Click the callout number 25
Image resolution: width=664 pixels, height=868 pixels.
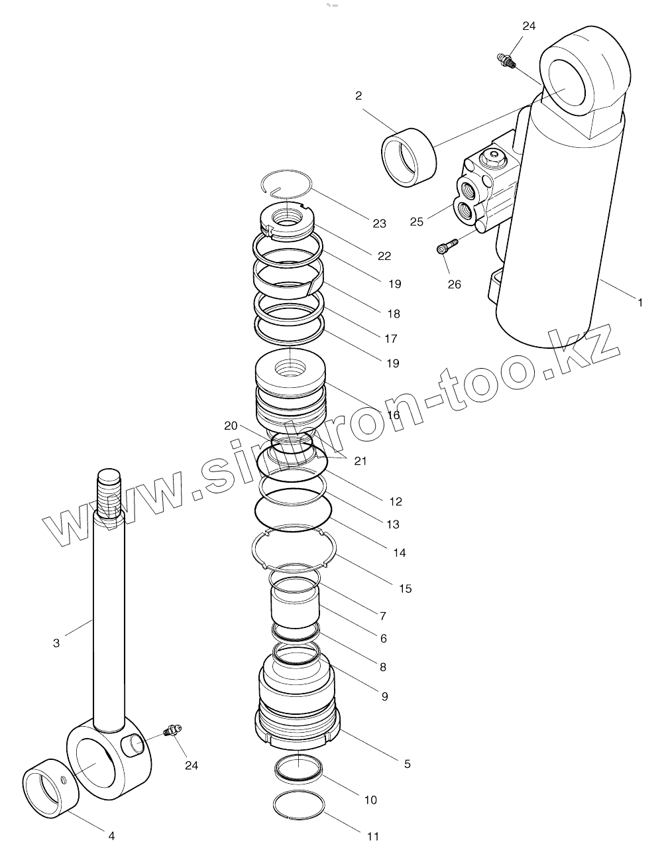coord(416,221)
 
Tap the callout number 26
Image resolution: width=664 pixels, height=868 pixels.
coord(454,284)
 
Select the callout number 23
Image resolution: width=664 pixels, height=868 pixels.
coord(379,223)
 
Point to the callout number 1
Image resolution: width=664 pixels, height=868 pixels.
coord(640,302)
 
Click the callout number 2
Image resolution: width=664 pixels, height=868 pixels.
coord(359,95)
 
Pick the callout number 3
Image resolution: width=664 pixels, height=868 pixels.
coord(56,643)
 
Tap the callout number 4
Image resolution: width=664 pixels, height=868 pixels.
coord(111,836)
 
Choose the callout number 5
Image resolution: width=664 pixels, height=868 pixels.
coord(407,764)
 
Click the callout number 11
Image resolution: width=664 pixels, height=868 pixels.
coord(373,837)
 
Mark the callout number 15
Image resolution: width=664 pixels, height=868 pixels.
coord(405,588)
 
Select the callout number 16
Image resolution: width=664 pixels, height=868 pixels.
coord(394,415)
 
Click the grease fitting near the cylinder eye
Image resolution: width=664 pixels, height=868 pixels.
coord(506,60)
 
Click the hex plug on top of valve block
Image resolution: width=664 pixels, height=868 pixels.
coord(494,158)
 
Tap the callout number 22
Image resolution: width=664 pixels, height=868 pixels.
coord(384,256)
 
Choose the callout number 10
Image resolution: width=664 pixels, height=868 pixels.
coord(370,800)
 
